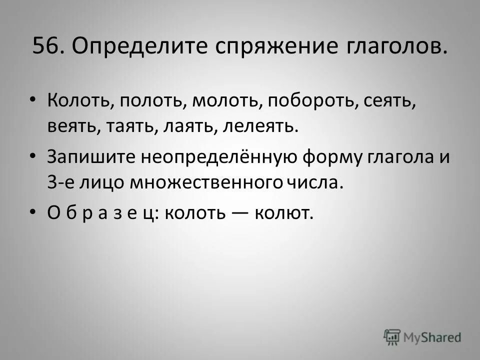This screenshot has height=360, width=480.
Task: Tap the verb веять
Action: click(73, 125)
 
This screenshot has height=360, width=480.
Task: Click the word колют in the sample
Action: click(284, 213)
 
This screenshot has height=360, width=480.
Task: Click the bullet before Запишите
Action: click(33, 156)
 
